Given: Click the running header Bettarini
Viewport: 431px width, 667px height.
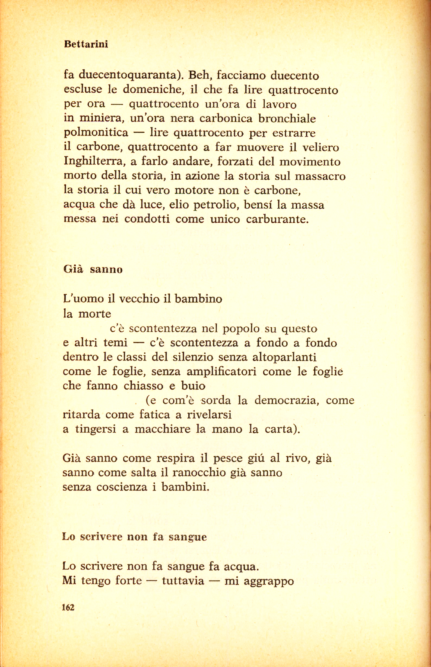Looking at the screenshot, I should pos(86,45).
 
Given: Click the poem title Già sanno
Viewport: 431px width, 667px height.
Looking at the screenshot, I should pos(93,270).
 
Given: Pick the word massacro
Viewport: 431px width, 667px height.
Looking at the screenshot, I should pos(321,176).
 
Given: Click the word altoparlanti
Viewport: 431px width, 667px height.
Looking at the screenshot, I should pos(284,357).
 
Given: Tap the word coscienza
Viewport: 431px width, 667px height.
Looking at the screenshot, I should pos(122,487).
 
